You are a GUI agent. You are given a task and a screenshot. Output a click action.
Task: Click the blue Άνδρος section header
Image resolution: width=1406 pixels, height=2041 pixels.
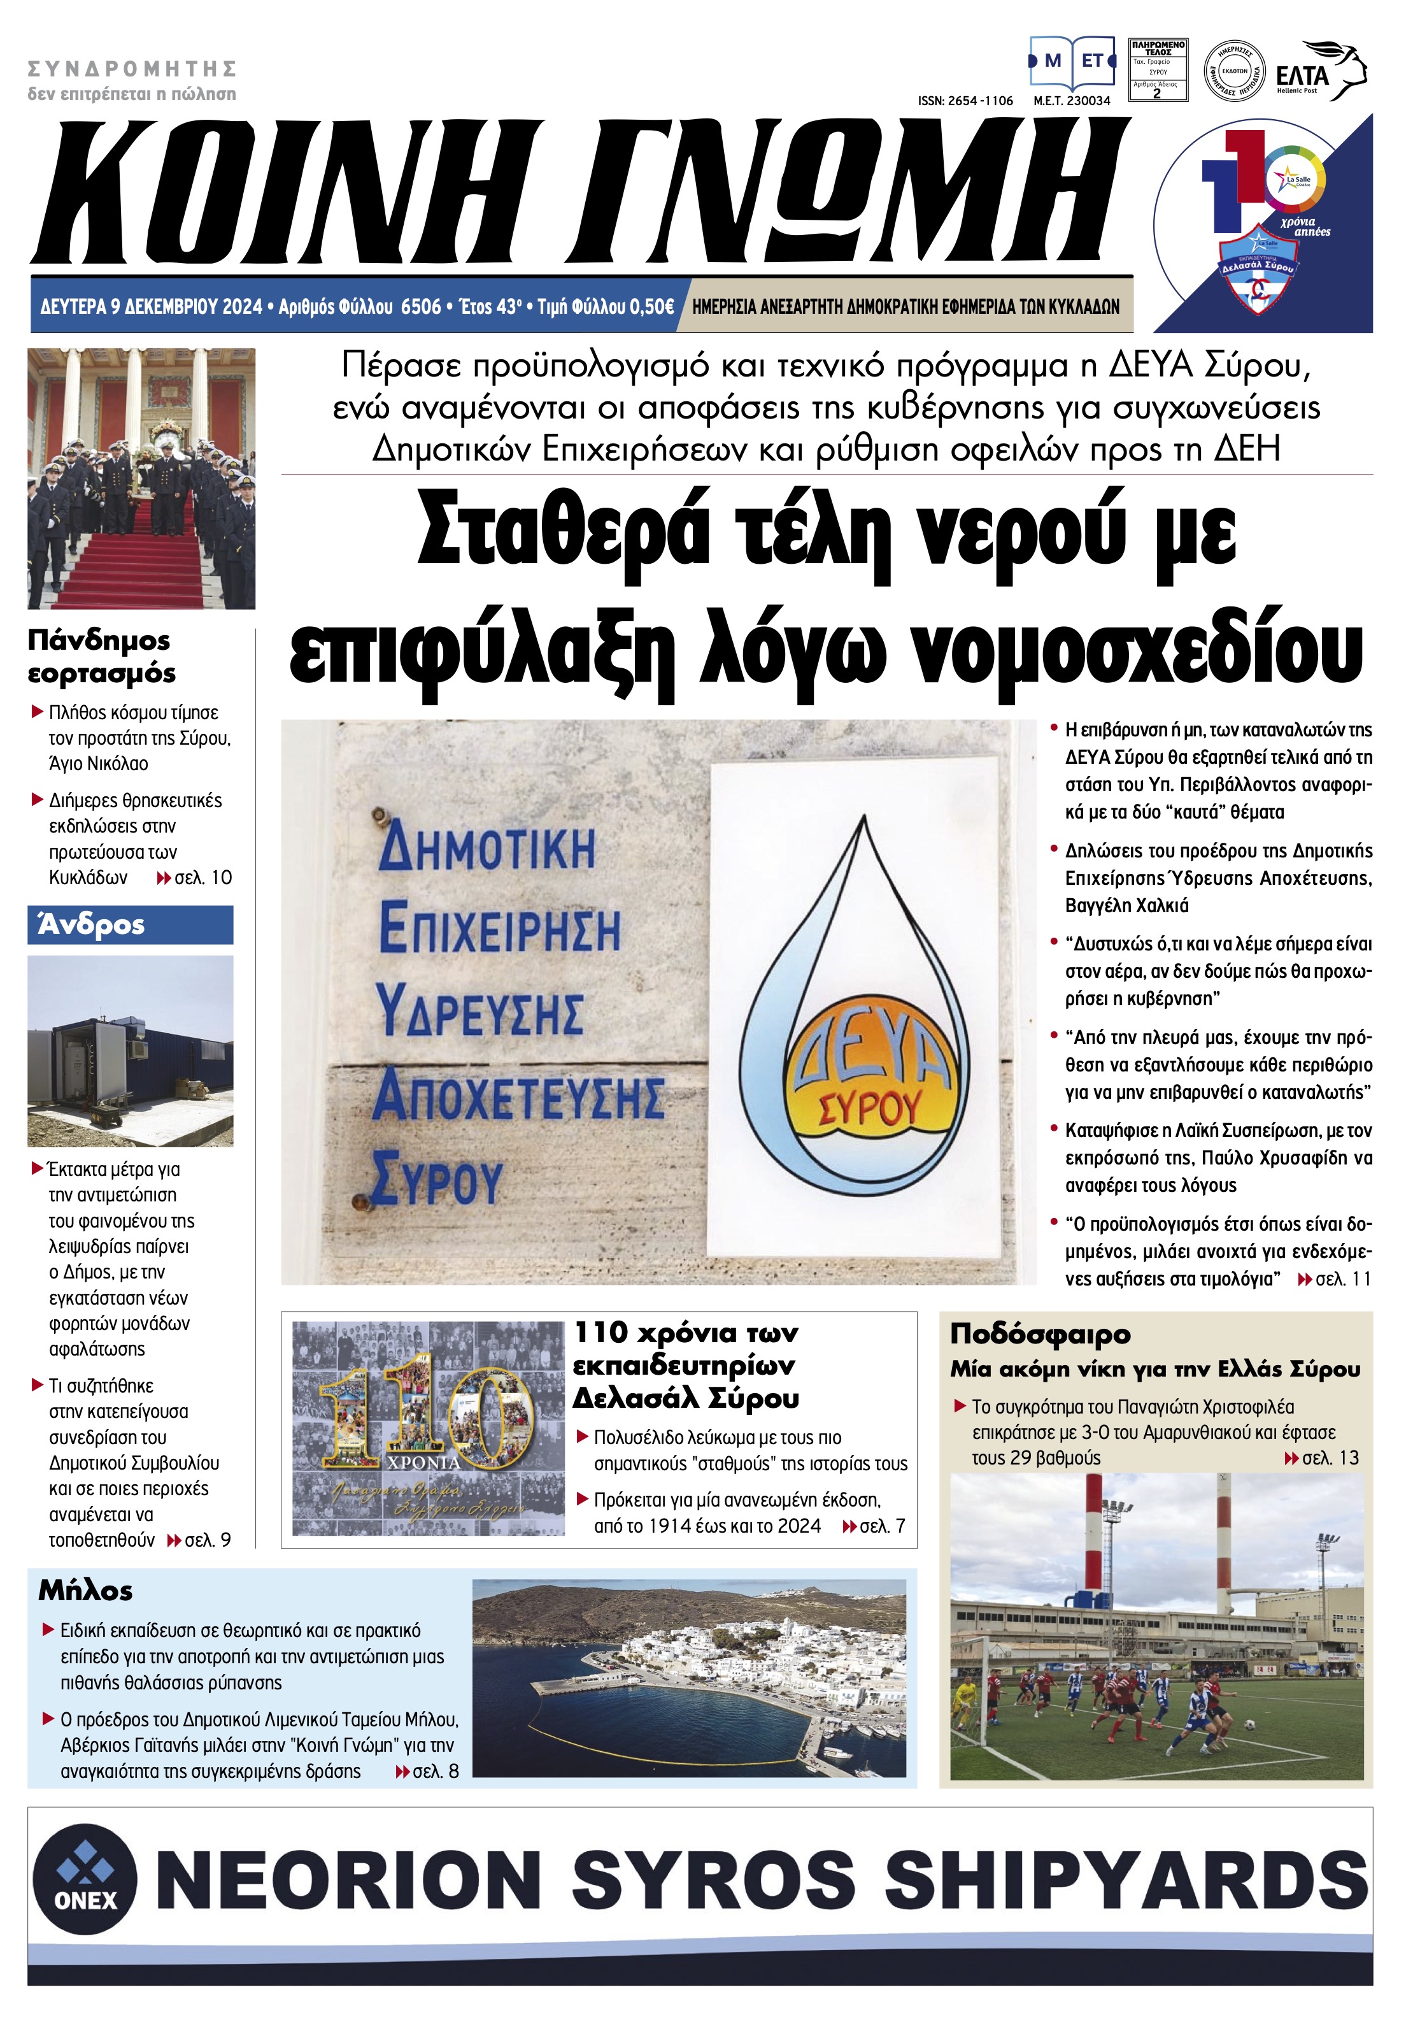click(131, 924)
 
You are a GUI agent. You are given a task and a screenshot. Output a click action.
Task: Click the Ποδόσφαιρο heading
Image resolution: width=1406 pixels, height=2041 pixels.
click(1039, 1334)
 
